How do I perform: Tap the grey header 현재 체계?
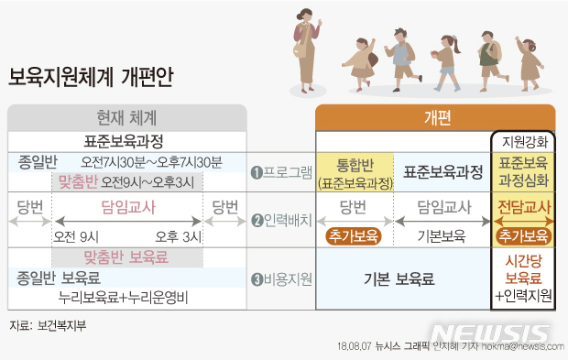[126, 117]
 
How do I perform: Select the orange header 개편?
[435, 117]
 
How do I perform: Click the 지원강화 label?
[523, 142]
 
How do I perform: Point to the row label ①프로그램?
[281, 171]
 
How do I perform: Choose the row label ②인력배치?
[281, 220]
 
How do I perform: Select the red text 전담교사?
[523, 206]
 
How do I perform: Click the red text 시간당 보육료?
[523, 268]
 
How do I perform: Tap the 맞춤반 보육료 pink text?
[126, 256]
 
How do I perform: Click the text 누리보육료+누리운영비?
[126, 297]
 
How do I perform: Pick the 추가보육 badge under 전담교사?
[523, 235]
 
